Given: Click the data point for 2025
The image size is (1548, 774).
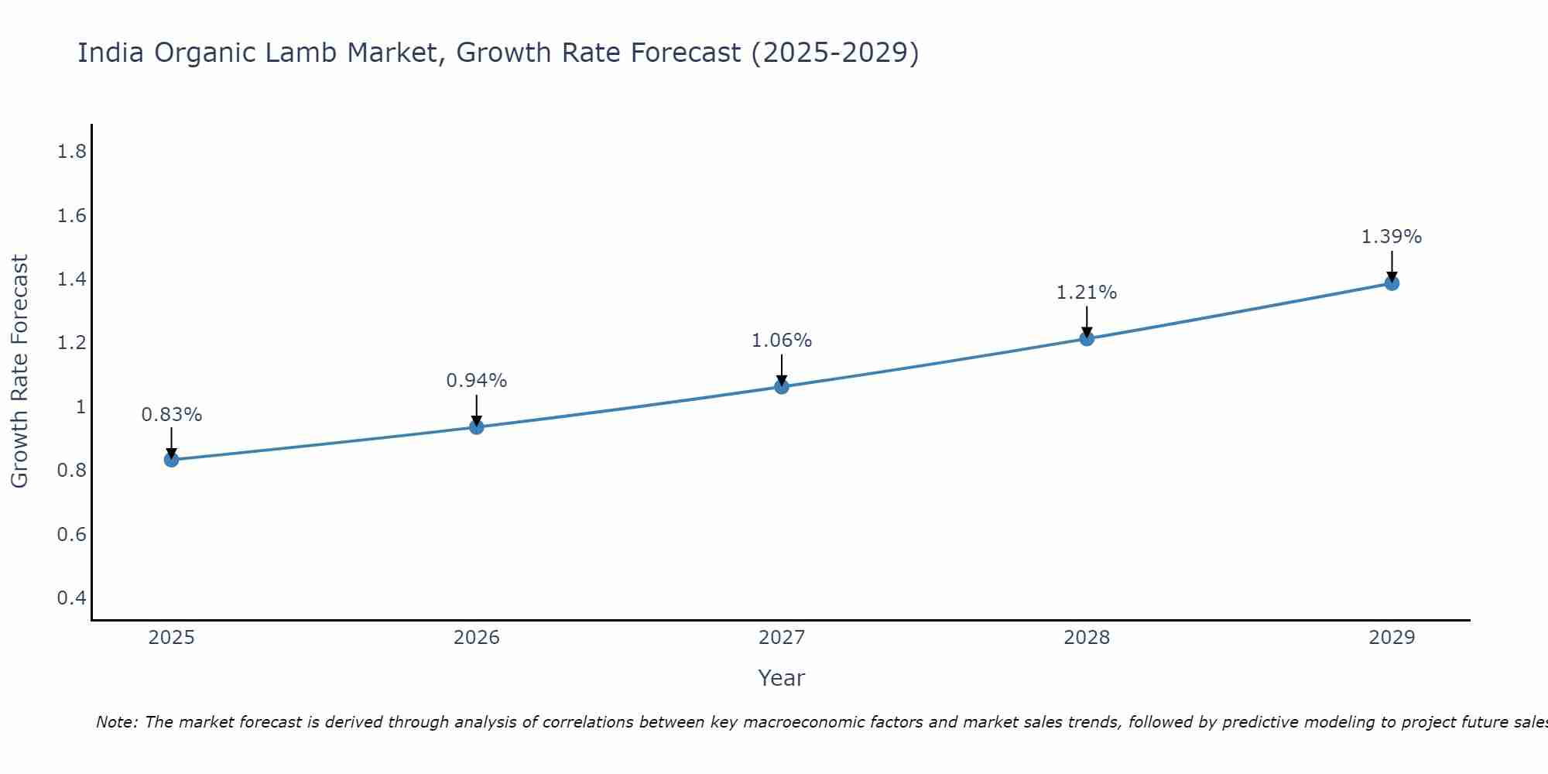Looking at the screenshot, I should (x=172, y=460).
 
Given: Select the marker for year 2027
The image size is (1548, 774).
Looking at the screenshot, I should (x=782, y=386).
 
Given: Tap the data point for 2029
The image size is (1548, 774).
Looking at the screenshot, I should (x=1392, y=283).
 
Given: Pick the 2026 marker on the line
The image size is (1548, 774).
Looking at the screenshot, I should (x=477, y=427).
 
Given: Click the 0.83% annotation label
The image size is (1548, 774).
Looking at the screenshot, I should (x=172, y=415).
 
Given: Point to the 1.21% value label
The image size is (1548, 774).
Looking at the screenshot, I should (x=1087, y=293).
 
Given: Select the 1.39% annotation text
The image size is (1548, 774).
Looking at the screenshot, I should (x=1392, y=237).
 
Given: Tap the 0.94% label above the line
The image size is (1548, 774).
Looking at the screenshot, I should (x=477, y=381).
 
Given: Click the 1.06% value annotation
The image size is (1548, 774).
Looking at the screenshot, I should (x=782, y=341).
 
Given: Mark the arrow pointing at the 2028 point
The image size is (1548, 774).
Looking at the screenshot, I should (x=1087, y=321).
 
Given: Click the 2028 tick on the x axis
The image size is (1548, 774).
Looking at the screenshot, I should (x=1087, y=638).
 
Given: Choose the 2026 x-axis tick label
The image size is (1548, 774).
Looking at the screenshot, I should (x=477, y=638).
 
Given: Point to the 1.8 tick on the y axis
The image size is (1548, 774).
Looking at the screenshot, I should (x=72, y=152).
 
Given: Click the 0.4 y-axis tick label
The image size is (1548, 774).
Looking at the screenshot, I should (x=72, y=598).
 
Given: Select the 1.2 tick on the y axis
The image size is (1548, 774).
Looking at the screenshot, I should (x=72, y=343).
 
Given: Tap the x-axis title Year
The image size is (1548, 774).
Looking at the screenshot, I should (x=782, y=678).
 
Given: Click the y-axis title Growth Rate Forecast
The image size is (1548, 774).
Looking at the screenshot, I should (x=19, y=372).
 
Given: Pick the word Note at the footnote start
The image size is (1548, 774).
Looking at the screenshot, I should (x=116, y=723).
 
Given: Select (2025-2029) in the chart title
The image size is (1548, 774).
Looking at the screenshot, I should (x=835, y=53).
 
